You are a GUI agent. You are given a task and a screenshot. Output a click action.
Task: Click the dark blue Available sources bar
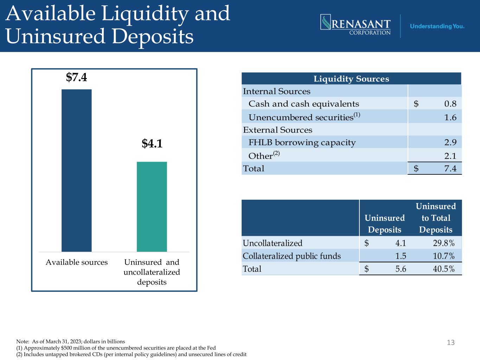click(x=77, y=171)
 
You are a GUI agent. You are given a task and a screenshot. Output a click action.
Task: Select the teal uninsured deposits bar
click(x=152, y=207)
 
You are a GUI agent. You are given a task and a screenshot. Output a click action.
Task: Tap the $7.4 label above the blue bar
click(x=77, y=77)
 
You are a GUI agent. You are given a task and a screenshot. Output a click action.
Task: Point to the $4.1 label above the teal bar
click(x=152, y=143)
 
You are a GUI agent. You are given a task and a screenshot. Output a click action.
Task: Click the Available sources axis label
click(x=77, y=262)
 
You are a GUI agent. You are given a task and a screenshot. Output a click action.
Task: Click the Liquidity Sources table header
click(x=351, y=79)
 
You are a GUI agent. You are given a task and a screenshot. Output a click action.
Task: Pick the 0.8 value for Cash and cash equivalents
click(x=450, y=104)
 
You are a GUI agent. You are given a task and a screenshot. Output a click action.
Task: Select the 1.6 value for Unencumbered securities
click(x=450, y=117)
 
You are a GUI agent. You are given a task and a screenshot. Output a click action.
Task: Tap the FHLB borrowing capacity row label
click(x=302, y=142)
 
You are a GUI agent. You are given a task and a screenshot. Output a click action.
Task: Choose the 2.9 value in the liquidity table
click(x=450, y=142)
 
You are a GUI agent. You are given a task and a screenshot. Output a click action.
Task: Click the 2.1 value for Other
click(x=450, y=156)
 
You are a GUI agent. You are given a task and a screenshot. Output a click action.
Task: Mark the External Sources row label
click(x=277, y=130)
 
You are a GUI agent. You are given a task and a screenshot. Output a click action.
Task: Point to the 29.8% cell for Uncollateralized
click(x=444, y=243)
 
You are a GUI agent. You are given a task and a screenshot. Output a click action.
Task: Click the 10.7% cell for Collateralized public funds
click(x=444, y=256)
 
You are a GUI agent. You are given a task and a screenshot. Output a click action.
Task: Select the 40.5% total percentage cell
click(x=444, y=269)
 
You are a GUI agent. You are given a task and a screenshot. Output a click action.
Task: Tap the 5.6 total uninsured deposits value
click(x=401, y=269)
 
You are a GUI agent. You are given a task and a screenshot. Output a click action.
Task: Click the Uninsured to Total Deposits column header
click(x=436, y=218)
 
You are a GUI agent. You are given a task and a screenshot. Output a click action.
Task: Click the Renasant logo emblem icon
click(x=326, y=22)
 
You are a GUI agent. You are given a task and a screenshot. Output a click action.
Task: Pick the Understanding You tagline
click(x=437, y=26)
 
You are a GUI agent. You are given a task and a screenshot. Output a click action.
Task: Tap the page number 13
click(x=451, y=342)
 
